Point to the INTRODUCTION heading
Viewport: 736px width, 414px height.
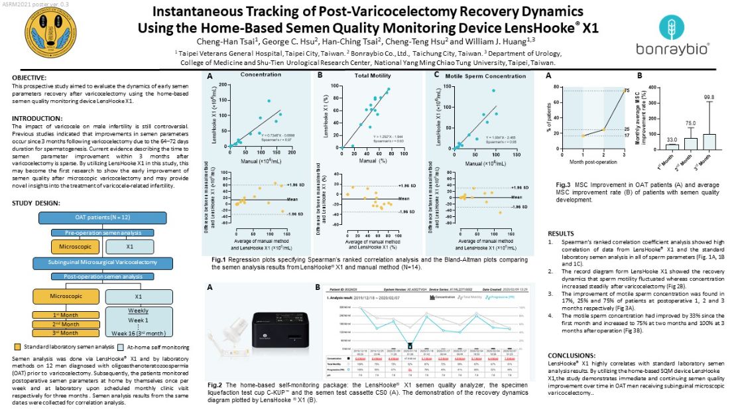click(36, 118)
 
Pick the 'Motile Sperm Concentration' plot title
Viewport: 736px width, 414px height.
click(476, 75)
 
